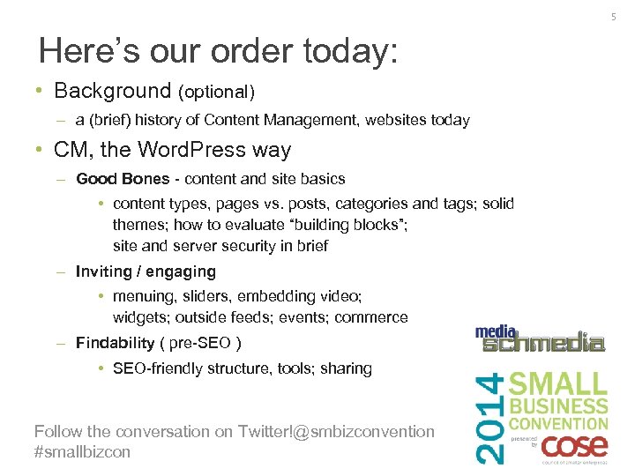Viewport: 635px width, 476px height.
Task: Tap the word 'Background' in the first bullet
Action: point(113,91)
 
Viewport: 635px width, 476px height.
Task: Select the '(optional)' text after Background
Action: point(216,92)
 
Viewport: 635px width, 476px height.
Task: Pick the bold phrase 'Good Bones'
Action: point(123,179)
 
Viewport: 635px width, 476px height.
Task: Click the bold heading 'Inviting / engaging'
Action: point(146,271)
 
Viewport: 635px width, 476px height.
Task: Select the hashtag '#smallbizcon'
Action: point(82,451)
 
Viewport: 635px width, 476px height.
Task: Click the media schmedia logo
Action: point(540,339)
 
